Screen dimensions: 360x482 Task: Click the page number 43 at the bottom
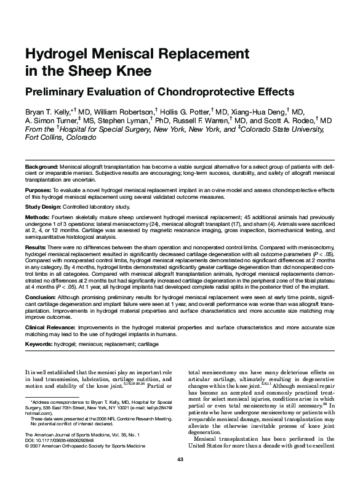coord(180,460)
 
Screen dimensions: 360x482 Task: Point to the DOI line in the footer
coord(61,441)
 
